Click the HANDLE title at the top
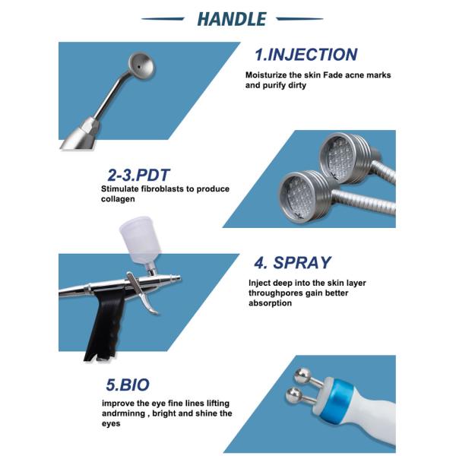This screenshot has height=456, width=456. click(x=232, y=19)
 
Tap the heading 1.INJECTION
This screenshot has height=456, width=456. click(x=306, y=55)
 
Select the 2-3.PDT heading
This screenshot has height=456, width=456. click(x=138, y=175)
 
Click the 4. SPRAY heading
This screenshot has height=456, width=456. click(x=293, y=263)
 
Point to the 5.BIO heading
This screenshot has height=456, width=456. click(x=128, y=385)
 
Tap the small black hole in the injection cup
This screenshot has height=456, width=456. click(x=139, y=67)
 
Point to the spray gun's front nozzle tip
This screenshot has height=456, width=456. click(x=179, y=278)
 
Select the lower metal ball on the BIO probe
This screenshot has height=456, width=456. click(x=294, y=396)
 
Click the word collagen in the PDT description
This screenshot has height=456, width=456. click(x=118, y=199)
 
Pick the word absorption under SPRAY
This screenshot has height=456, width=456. click(x=270, y=303)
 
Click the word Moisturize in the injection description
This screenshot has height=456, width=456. click(x=266, y=75)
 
